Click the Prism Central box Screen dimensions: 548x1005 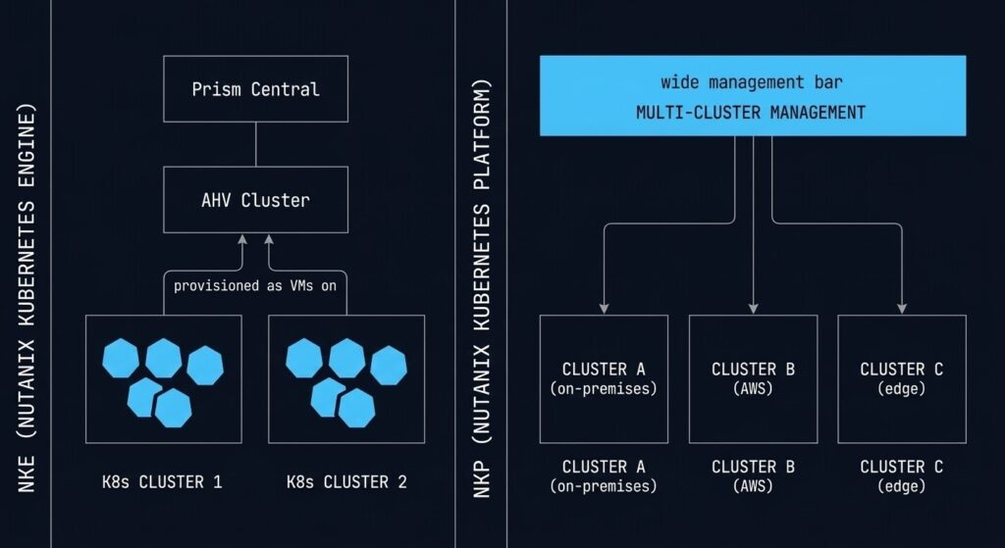pyautogui.click(x=255, y=89)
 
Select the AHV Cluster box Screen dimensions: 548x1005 pyautogui.click(x=255, y=200)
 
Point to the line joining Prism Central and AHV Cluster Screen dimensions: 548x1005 pyautogui.click(x=255, y=144)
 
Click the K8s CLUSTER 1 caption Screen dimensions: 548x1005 pyautogui.click(x=162, y=481)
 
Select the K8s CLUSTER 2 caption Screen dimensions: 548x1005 pyautogui.click(x=345, y=481)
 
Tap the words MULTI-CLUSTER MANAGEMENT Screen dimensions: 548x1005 pyautogui.click(x=751, y=113)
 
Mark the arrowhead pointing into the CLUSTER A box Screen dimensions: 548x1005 pyautogui.click(x=604, y=308)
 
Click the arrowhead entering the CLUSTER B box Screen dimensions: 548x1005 pyautogui.click(x=753, y=308)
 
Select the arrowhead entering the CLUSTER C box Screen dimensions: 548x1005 pyautogui.click(x=901, y=308)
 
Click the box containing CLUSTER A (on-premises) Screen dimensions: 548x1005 pyautogui.click(x=604, y=377)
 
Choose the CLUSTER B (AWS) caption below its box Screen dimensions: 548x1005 pyautogui.click(x=753, y=475)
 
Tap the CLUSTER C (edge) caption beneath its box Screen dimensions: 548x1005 pyautogui.click(x=901, y=475)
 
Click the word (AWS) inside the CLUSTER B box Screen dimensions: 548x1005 pyautogui.click(x=753, y=388)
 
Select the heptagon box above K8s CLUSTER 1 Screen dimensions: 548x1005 pyautogui.click(x=162, y=378)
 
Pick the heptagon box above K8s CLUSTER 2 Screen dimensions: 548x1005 pyautogui.click(x=345, y=378)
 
